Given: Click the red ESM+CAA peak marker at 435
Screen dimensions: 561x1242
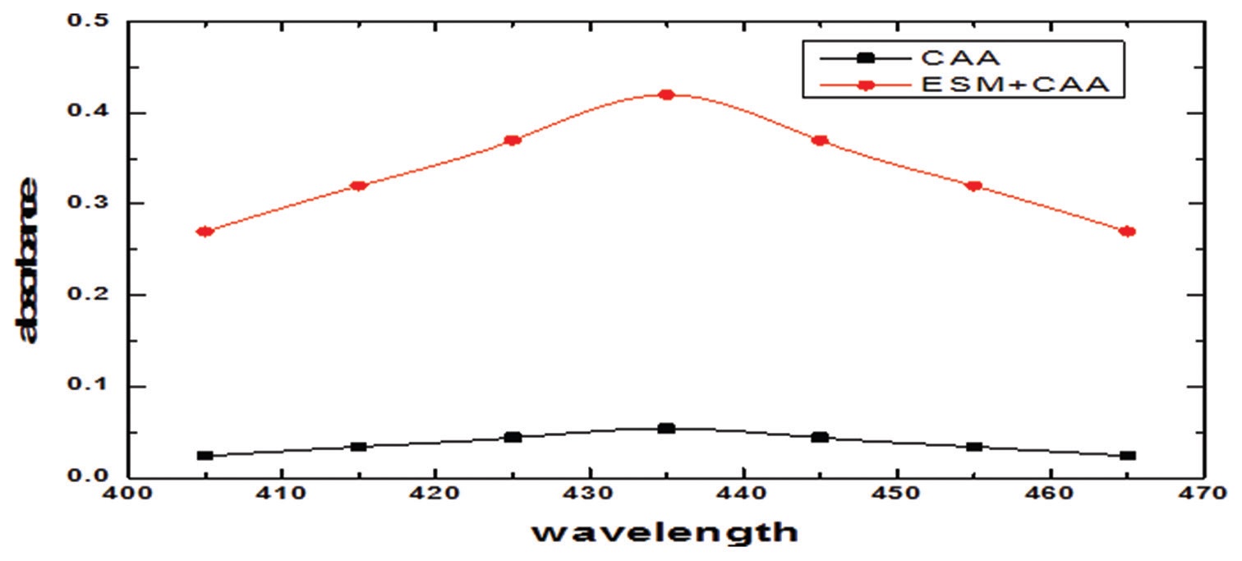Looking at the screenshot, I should pyautogui.click(x=666, y=94).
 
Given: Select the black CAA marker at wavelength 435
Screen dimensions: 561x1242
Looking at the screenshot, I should pyautogui.click(x=666, y=428).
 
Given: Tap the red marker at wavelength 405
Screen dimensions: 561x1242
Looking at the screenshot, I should pyautogui.click(x=205, y=232).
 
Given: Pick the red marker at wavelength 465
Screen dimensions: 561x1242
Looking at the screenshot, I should pyautogui.click(x=1128, y=232).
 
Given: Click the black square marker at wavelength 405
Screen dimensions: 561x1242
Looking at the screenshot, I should pyautogui.click(x=205, y=455).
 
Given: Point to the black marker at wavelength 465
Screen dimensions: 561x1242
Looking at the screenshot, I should pyautogui.click(x=1128, y=455).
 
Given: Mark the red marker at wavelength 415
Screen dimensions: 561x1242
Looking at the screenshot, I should pyautogui.click(x=358, y=186).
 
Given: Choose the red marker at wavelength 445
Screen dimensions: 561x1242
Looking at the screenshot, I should pyautogui.click(x=820, y=140).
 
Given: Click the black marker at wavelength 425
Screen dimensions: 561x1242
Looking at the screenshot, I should pyautogui.click(x=513, y=437).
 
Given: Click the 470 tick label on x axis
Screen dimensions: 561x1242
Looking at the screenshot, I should pyautogui.click(x=1204, y=495).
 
